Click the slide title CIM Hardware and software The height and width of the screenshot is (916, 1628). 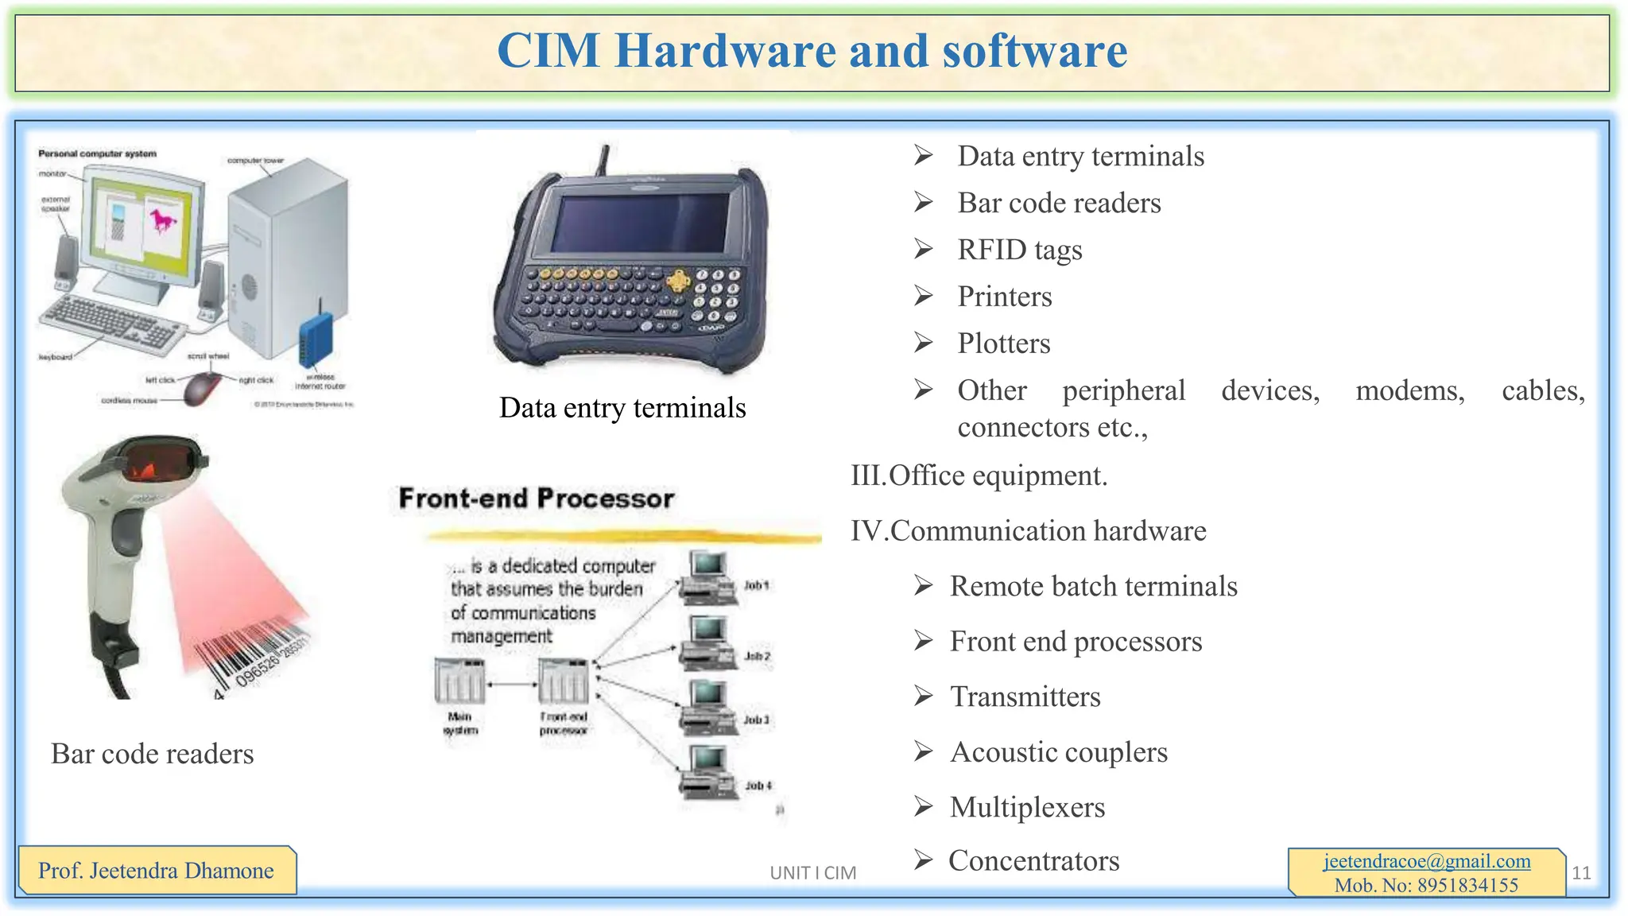click(x=812, y=51)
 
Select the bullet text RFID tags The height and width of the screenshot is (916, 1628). click(x=1019, y=250)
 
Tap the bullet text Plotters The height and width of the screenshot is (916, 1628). click(x=1003, y=343)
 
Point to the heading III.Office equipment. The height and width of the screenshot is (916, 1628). click(x=979, y=475)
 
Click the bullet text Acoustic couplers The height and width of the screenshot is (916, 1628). click(x=1058, y=752)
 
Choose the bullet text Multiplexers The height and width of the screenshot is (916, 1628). click(x=1027, y=807)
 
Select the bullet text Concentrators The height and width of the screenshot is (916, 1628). click(x=1033, y=860)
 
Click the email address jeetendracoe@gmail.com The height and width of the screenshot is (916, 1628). click(x=1427, y=861)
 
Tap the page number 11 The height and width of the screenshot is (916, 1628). click(x=1581, y=873)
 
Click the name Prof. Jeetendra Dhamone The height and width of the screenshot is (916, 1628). click(x=156, y=871)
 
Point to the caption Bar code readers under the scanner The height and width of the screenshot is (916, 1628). click(x=153, y=754)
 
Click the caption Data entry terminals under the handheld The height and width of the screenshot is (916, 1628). click(x=622, y=408)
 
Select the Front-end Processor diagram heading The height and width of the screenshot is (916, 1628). click(x=537, y=499)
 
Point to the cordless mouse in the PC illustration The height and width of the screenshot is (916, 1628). click(x=203, y=389)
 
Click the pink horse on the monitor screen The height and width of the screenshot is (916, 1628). click(x=163, y=219)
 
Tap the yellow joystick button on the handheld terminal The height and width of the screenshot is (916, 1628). click(x=678, y=280)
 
